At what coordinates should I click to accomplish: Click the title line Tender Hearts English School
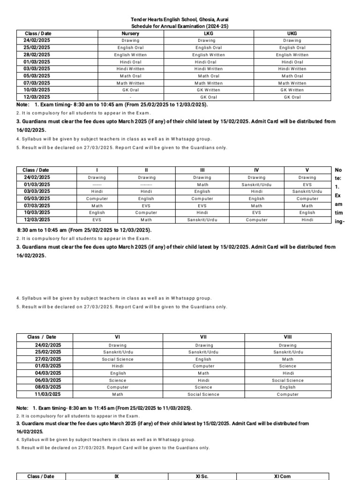[180, 20]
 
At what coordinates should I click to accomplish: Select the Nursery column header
[130, 33]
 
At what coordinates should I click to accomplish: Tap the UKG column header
[292, 33]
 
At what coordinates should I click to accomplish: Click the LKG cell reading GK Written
[208, 90]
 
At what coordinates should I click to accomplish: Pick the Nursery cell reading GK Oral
[130, 90]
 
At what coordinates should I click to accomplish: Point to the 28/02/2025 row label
[37, 55]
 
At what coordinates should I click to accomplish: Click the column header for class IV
[256, 170]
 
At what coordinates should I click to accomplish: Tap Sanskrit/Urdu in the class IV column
[256, 185]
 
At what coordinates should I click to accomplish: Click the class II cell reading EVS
[146, 206]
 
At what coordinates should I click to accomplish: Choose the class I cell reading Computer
[97, 199]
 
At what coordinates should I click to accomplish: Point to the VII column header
[203, 337]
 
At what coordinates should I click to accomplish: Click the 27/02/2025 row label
[48, 359]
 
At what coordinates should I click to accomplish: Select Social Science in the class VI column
[118, 359]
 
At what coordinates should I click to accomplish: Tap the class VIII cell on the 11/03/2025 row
[287, 395]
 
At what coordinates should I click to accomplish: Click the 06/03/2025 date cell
[48, 380]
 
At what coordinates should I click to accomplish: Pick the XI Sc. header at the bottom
[202, 476]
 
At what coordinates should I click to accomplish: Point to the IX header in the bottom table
[117, 476]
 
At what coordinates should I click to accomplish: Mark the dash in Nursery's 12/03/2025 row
[130, 97]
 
